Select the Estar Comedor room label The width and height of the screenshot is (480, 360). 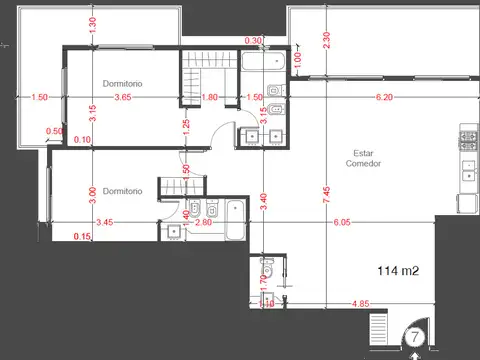click(x=364, y=158)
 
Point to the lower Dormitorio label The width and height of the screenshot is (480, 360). click(x=120, y=190)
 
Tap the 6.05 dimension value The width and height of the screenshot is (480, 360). click(x=343, y=222)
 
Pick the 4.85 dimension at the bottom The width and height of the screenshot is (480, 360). click(x=361, y=303)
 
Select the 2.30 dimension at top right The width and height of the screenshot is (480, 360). click(x=326, y=39)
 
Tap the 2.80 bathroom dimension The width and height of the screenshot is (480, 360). click(x=203, y=222)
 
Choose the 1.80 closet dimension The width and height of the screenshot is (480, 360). click(x=210, y=98)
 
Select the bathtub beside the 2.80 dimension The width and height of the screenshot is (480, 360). click(x=235, y=220)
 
